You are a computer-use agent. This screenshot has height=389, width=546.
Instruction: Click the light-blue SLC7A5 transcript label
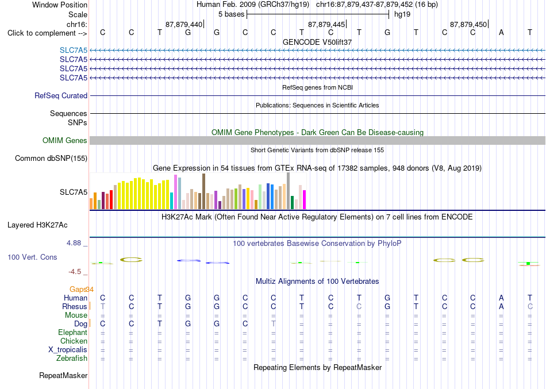pos(74,51)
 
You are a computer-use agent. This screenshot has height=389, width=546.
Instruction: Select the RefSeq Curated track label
pos(61,96)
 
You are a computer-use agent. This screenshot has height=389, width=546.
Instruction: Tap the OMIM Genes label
pos(65,140)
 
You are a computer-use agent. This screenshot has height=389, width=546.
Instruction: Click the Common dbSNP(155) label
pos(51,159)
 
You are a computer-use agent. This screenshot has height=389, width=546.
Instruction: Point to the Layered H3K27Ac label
pos(37,225)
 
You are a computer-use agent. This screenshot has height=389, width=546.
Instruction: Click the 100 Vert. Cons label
pos(32,257)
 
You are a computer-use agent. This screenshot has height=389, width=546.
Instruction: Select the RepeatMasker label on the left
pos(63,375)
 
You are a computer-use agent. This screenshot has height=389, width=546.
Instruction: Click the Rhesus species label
pos(75,306)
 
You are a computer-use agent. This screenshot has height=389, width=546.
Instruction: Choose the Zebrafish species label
pos(72,358)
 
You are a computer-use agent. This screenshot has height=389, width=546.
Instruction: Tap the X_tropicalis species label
pos(68,350)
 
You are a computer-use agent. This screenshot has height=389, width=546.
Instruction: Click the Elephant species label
pos(72,332)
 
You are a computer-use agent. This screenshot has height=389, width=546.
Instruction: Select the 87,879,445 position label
pos(326,24)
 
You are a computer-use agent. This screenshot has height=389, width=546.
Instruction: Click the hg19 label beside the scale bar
pos(402,14)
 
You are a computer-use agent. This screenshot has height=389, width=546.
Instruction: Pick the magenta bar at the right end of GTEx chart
pos(305,199)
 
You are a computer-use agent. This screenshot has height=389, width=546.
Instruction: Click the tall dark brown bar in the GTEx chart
pos(203,191)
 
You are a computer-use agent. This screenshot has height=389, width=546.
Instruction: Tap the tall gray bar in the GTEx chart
pos(289,191)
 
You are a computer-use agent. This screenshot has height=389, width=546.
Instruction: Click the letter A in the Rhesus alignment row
pos(501,306)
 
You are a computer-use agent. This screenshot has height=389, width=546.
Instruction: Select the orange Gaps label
pos(78,289)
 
